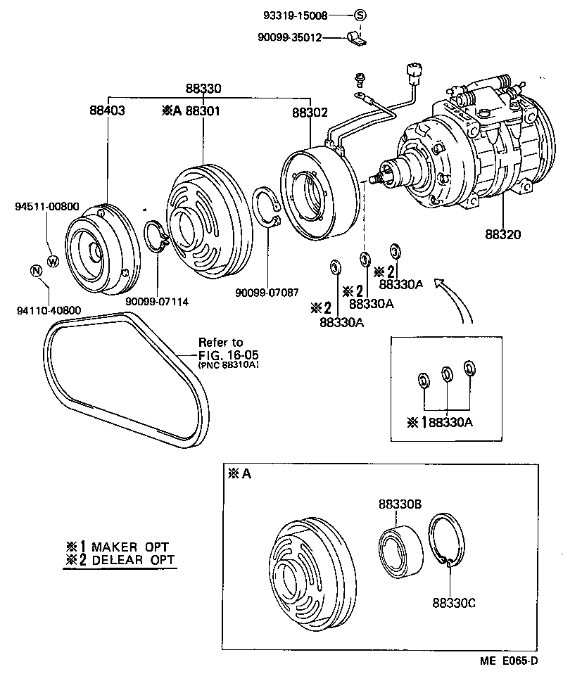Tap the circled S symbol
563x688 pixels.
360,15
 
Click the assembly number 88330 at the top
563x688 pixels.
203,89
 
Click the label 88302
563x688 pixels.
310,112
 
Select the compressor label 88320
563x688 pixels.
502,234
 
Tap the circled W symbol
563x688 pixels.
53,261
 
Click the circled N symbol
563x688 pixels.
34,272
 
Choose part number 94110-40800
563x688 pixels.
46,309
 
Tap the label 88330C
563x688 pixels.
454,602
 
